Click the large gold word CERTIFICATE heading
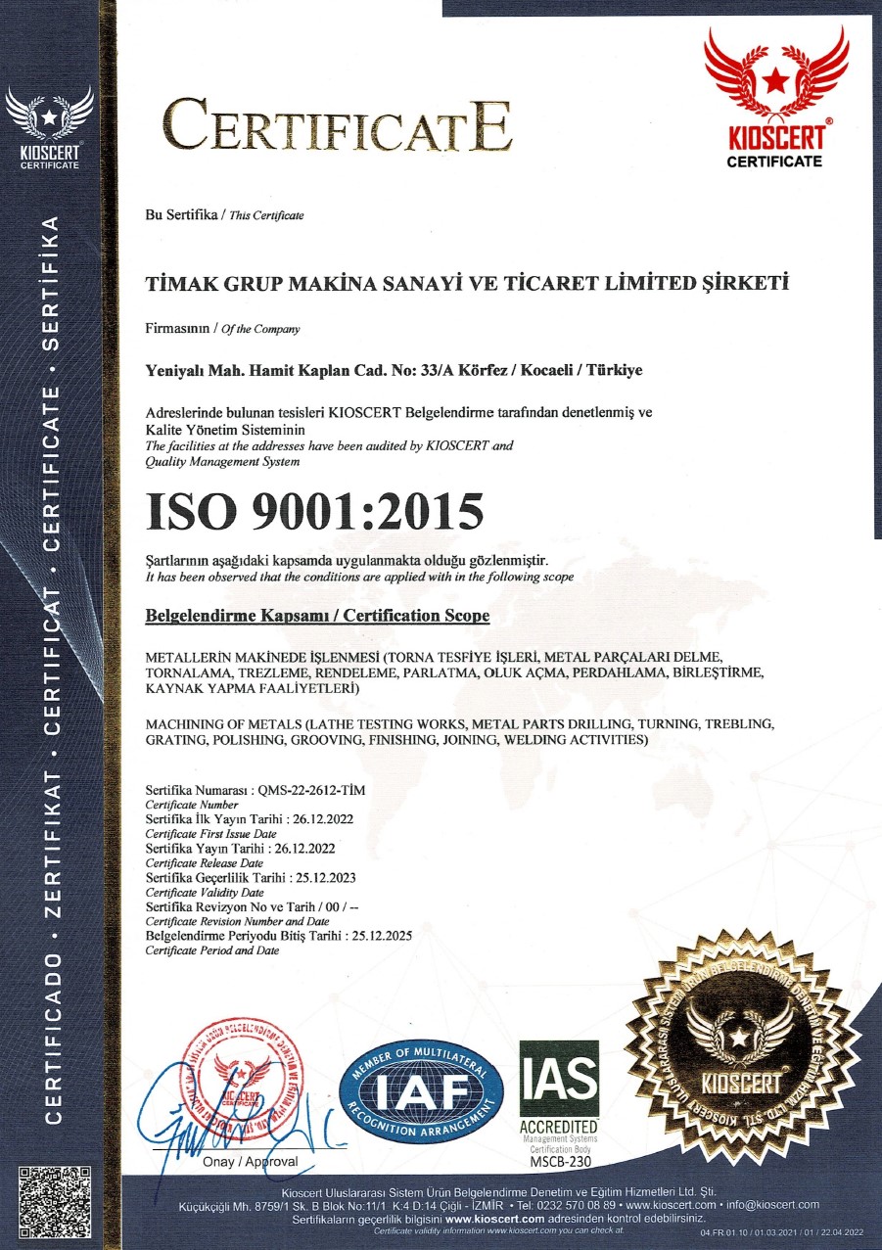pyautogui.click(x=337, y=126)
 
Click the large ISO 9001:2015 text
pyautogui.click(x=314, y=512)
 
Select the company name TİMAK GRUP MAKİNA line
pyautogui.click(x=467, y=284)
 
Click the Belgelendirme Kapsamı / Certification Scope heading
pyautogui.click(x=316, y=617)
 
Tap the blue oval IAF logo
pyautogui.click(x=421, y=1089)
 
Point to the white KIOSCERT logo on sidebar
pyautogui.click(x=49, y=128)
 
